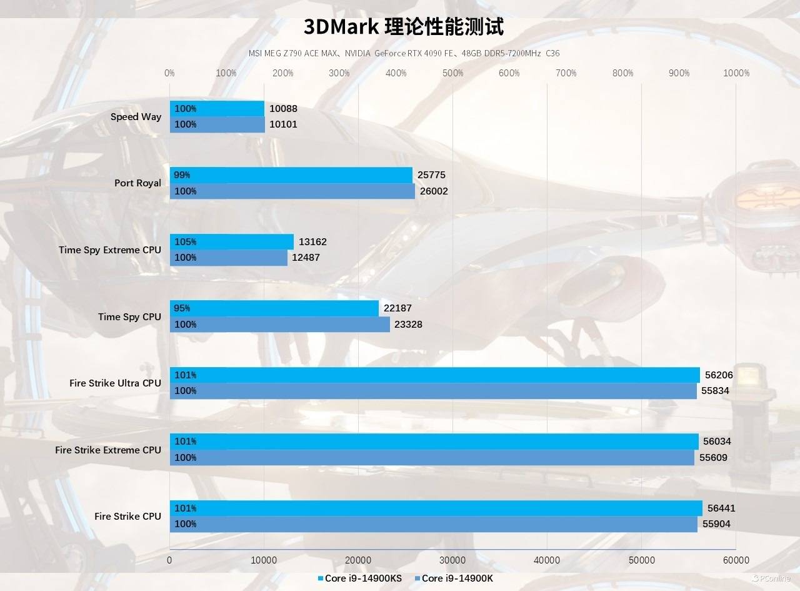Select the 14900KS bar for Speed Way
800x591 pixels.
(217, 109)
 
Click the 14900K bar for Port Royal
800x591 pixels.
(292, 191)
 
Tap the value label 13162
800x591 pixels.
(312, 242)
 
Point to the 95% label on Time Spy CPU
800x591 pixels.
(182, 308)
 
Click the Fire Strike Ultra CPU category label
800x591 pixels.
(115, 383)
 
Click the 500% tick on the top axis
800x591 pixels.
(452, 73)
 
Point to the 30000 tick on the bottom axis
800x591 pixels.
(452, 560)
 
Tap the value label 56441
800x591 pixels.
(721, 508)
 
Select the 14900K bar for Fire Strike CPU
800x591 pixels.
(433, 524)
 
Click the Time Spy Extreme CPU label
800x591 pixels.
(109, 250)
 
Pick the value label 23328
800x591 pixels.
(408, 325)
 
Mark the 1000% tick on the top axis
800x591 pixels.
(736, 73)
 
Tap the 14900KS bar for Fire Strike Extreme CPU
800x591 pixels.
(434, 442)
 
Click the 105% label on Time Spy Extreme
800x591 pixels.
(185, 242)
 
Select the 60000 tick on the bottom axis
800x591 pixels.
(736, 560)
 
